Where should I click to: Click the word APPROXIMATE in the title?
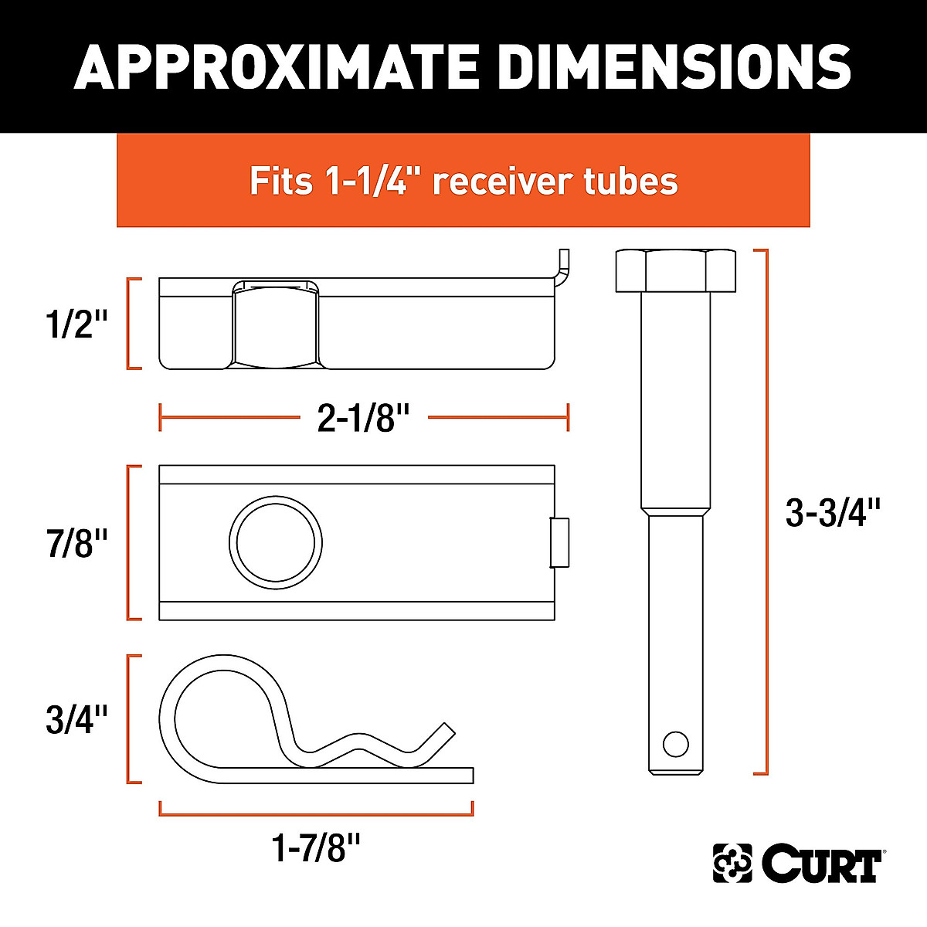pyautogui.click(x=279, y=66)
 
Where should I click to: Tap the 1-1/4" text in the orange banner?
pyautogui.click(x=369, y=181)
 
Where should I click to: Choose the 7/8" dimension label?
pyautogui.click(x=76, y=544)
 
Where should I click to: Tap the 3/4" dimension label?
pyautogui.click(x=76, y=719)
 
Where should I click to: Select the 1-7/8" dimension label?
pyautogui.click(x=317, y=850)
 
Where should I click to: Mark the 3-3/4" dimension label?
pyautogui.click(x=833, y=513)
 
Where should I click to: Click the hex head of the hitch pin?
pyautogui.click(x=675, y=270)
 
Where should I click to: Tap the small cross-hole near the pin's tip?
pyautogui.click(x=675, y=744)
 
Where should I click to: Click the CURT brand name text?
pyautogui.click(x=822, y=865)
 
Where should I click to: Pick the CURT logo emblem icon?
pyautogui.click(x=732, y=863)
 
